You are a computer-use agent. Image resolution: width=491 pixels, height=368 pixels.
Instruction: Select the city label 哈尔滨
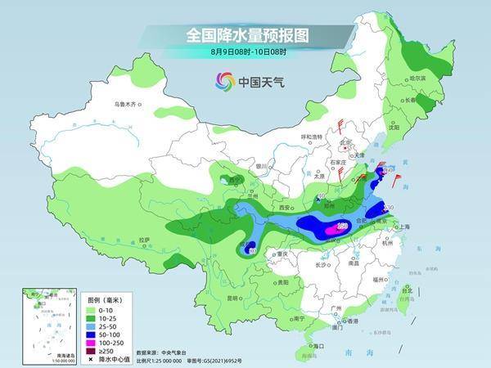coord(417,78)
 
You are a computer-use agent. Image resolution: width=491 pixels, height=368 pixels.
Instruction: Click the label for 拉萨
coord(144,240)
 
